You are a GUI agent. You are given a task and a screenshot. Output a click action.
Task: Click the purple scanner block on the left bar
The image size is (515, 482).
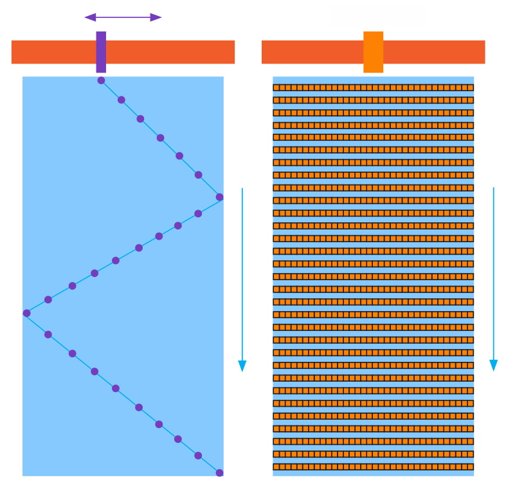click(101, 51)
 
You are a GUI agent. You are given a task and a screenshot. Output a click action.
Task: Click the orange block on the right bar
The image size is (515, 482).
click(373, 51)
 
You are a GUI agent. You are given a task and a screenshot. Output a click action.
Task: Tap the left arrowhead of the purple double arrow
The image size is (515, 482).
click(89, 17)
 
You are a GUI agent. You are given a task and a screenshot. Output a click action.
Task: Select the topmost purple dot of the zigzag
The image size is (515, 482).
click(101, 80)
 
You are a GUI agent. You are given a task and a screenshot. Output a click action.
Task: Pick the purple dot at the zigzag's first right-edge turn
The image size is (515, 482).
click(219, 197)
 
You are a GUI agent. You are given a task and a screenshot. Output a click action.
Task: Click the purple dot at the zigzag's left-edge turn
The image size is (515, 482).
click(26, 313)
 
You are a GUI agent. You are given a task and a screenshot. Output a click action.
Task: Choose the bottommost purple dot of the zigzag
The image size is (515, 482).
click(219, 473)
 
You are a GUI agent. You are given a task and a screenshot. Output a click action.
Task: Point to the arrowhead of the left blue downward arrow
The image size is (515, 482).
click(242, 366)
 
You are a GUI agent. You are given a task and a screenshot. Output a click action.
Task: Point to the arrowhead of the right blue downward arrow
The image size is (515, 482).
click(494, 365)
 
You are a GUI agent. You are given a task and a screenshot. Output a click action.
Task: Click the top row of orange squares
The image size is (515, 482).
click(373, 87)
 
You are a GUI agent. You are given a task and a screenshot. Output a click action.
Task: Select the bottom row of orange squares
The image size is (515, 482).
click(373, 467)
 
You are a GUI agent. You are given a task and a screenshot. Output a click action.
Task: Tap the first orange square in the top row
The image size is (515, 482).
click(276, 87)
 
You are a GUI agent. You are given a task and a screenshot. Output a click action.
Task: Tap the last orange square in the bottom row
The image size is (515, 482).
click(470, 467)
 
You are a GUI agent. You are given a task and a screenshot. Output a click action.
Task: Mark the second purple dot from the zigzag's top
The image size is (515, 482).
click(121, 100)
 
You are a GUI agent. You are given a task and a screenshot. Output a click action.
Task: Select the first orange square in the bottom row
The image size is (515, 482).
click(276, 467)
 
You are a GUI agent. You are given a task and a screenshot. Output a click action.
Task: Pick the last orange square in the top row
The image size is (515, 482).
click(470, 87)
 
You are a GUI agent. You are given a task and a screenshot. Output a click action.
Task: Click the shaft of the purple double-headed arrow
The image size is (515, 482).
click(123, 17)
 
